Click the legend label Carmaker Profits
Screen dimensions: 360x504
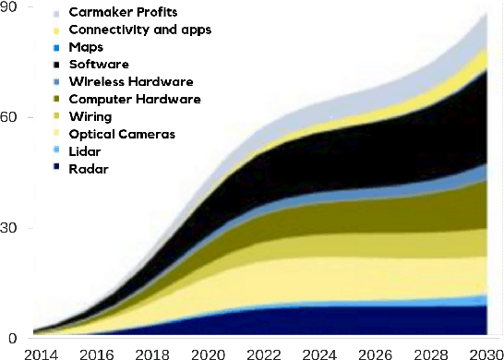123,13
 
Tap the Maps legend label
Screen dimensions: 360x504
86,46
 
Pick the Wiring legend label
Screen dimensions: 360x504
90,116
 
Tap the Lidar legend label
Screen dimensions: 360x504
85,150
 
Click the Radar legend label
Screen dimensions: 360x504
88,168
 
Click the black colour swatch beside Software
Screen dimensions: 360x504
57,65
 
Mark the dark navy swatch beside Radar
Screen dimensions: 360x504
57,169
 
